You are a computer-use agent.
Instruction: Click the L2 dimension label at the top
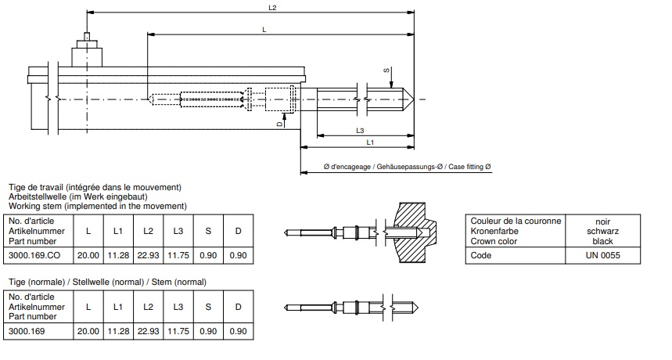(x=272, y=8)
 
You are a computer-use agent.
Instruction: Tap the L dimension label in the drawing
(x=264, y=29)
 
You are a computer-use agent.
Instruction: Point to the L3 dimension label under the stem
(x=359, y=129)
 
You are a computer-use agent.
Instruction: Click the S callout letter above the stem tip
(x=386, y=70)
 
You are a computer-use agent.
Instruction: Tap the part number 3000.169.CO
(x=33, y=255)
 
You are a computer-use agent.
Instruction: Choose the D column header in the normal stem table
(x=237, y=307)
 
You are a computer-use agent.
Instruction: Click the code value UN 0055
(x=602, y=255)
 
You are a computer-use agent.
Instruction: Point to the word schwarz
(x=602, y=231)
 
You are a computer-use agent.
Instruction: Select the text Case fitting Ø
(x=466, y=167)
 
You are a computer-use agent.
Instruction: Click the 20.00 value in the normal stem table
(x=88, y=331)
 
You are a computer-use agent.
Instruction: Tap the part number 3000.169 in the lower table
(x=27, y=331)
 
